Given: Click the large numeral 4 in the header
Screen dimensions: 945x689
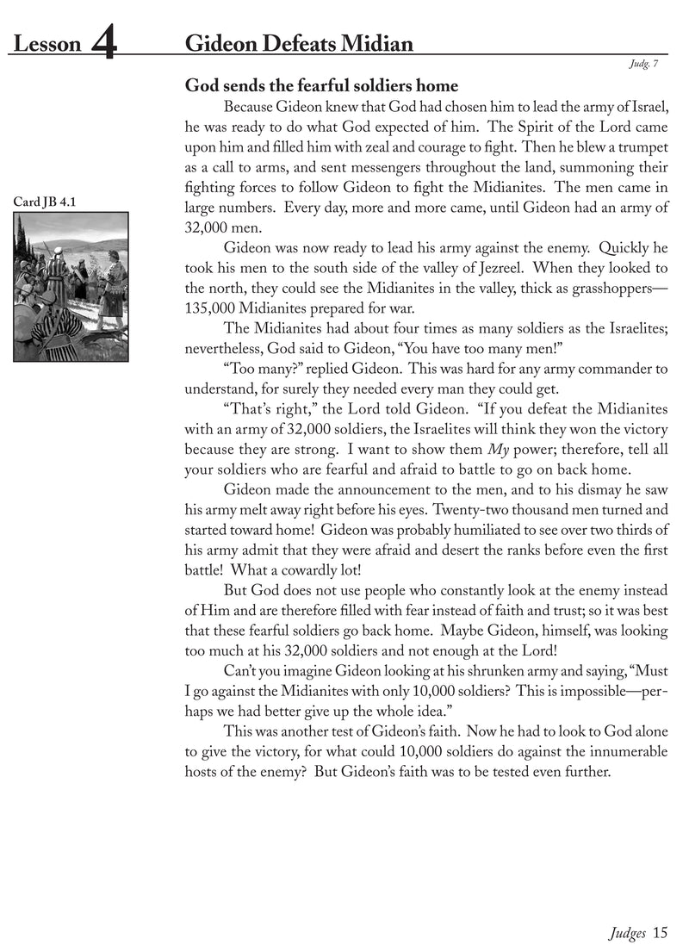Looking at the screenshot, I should click(103, 44).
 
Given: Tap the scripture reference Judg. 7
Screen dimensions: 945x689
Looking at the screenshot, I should click(653, 64).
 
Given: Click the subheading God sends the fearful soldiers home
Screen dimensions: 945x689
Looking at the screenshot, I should click(321, 86).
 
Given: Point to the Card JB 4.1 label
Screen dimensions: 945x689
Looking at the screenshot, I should click(45, 202).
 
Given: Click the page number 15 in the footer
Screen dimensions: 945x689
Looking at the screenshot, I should click(660, 930).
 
